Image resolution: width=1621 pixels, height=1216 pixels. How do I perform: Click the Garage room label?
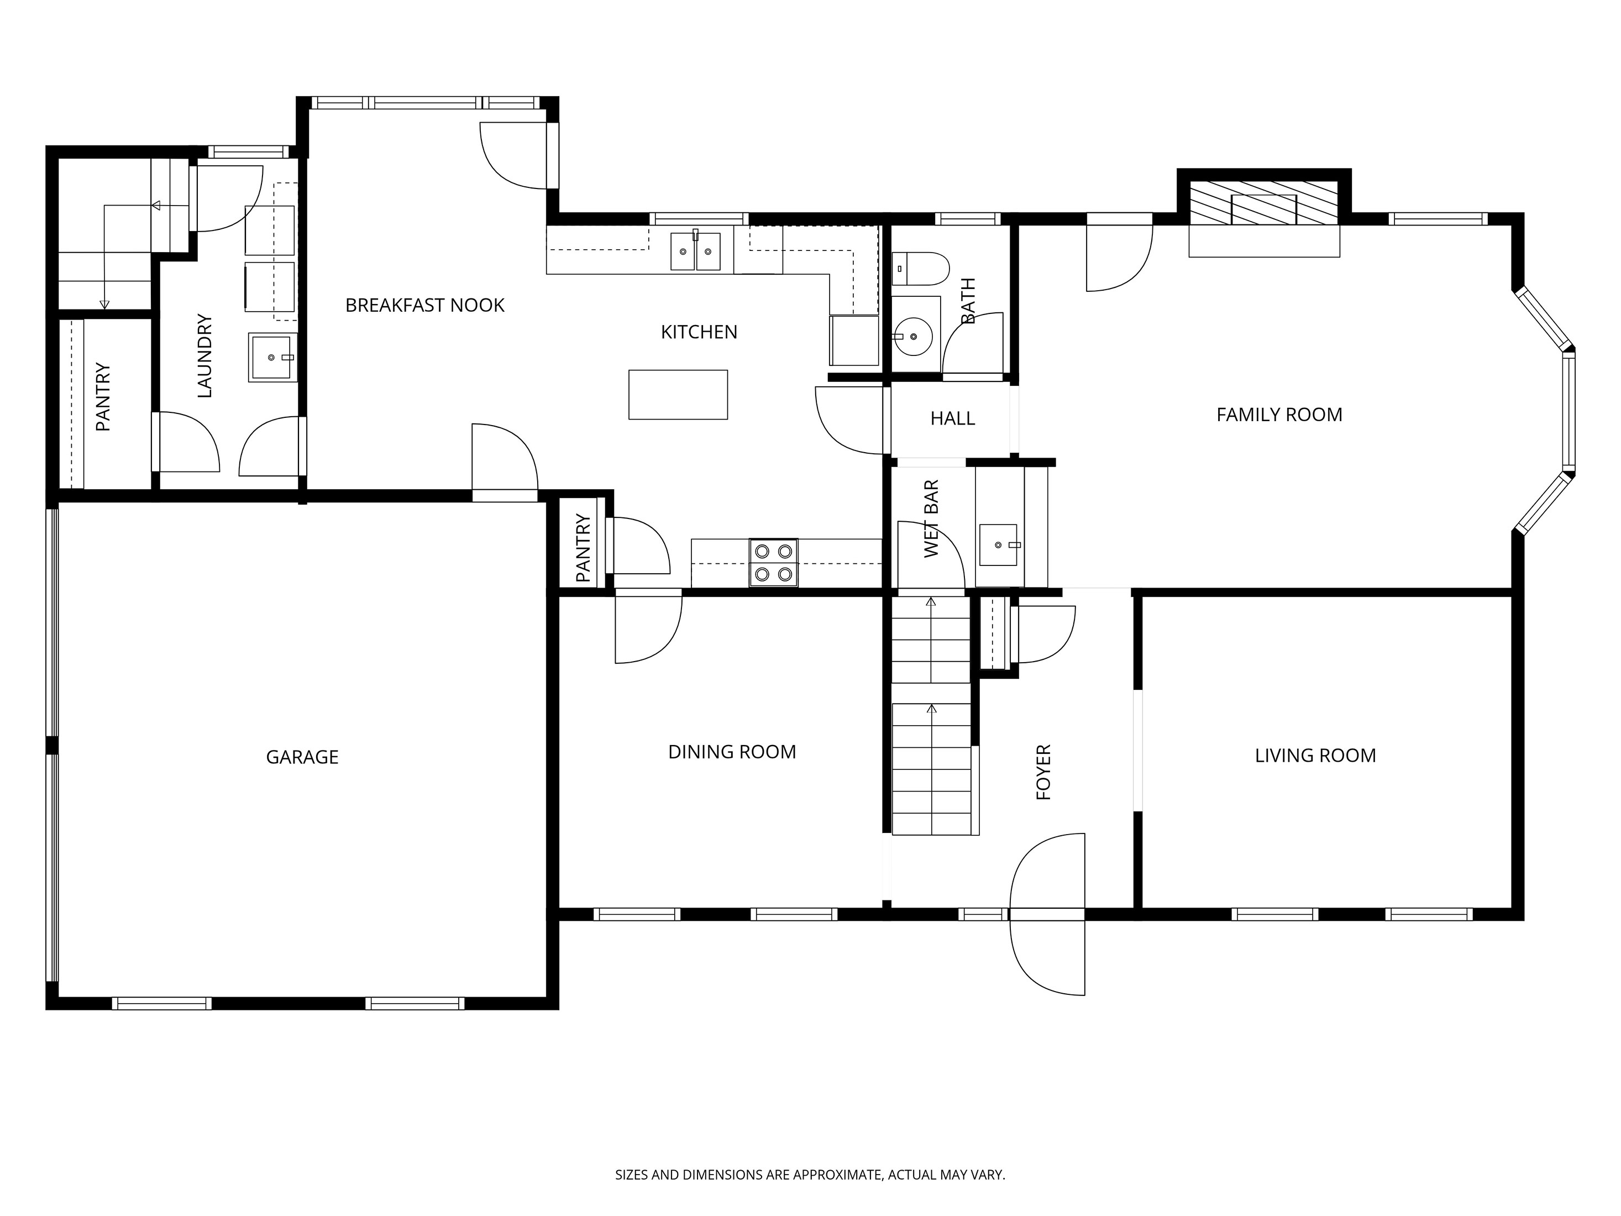pos(302,757)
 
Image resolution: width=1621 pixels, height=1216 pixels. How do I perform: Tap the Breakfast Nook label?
pos(424,306)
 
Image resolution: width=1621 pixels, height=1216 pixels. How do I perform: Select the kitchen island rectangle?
pos(678,394)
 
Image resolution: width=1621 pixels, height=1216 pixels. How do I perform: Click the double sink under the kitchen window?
pos(695,251)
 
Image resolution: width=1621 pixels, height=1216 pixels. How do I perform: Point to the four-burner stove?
pos(773,562)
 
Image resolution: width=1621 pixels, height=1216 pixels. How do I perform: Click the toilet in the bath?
pos(920,269)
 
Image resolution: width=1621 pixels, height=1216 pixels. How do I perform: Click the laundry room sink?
pos(272,357)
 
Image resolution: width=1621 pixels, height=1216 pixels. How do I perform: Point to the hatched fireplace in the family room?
pos(1264,205)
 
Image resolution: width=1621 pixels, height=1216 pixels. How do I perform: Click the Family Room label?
pos(1279,415)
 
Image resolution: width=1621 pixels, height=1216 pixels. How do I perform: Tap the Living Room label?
pos(1315,756)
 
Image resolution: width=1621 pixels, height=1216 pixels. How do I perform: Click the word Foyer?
pos(1043,772)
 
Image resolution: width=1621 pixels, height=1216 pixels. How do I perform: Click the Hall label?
pos(952,418)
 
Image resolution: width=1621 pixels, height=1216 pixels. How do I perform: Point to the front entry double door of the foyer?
pos(1047,914)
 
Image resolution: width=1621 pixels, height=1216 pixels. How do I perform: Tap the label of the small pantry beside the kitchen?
pos(583,548)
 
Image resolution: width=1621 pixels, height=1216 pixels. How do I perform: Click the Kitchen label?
pos(699,333)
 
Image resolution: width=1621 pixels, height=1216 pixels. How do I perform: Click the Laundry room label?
pos(204,356)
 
